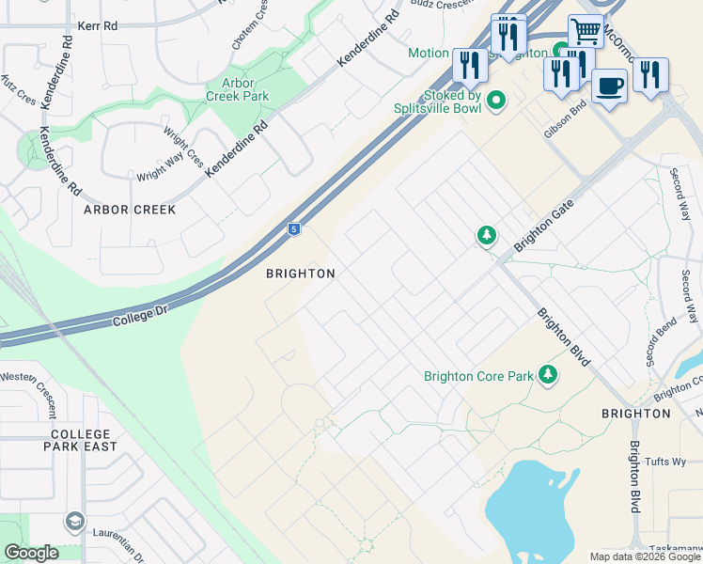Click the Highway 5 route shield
(x=294, y=228)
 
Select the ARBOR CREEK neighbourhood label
(x=130, y=210)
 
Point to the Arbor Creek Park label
(x=238, y=89)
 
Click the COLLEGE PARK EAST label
(x=85, y=440)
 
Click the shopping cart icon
(x=586, y=31)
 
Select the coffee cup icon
(x=609, y=86)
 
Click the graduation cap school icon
(x=74, y=521)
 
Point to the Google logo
(x=31, y=554)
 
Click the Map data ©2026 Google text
(x=645, y=556)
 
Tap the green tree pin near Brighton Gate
(x=486, y=235)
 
